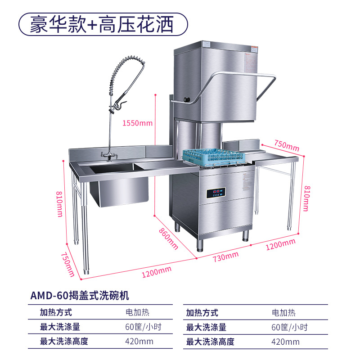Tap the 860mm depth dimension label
[x=169, y=238]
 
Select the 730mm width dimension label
[x=225, y=257]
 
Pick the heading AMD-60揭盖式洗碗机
[x=80, y=295]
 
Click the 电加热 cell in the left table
[x=137, y=312]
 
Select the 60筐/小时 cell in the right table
[x=288, y=327]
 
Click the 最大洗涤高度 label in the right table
[x=210, y=342]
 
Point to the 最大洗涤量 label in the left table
[x=60, y=327]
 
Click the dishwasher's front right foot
[x=246, y=235]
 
